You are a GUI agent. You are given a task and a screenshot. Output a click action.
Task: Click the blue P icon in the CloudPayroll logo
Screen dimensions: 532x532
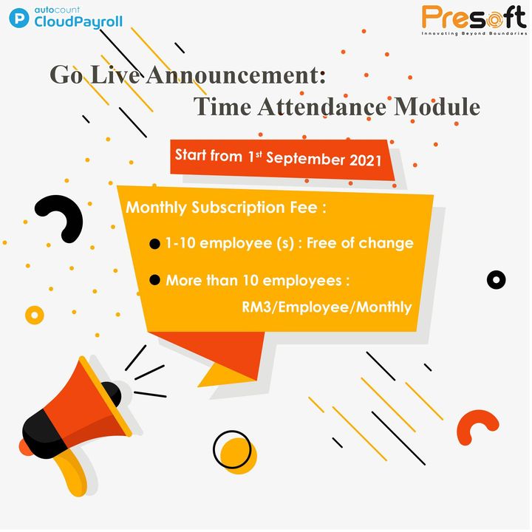[19, 18]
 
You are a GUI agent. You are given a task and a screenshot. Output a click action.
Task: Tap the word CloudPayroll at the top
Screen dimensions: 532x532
[78, 22]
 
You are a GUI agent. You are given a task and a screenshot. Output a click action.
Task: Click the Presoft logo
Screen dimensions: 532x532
[474, 20]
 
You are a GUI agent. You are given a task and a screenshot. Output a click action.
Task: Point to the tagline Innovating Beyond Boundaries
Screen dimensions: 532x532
[474, 33]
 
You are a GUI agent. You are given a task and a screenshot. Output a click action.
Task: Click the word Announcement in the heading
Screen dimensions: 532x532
[236, 75]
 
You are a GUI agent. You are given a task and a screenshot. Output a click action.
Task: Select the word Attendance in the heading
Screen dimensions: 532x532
[321, 106]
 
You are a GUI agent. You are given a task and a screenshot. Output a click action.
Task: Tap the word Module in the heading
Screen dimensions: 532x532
[437, 106]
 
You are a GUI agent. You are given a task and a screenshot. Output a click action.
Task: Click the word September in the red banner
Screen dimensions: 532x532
[305, 158]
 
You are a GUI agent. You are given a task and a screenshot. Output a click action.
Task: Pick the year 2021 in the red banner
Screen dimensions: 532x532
[366, 160]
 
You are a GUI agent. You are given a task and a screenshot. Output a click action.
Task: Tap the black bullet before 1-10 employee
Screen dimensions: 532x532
[154, 244]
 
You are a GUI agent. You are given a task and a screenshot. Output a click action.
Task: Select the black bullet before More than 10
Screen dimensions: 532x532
[154, 280]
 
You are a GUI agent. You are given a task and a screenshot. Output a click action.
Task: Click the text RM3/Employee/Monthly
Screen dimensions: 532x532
[327, 307]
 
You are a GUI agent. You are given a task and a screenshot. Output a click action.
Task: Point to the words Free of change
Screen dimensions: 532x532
[360, 243]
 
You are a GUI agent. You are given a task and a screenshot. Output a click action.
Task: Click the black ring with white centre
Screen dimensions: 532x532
[496, 280]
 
